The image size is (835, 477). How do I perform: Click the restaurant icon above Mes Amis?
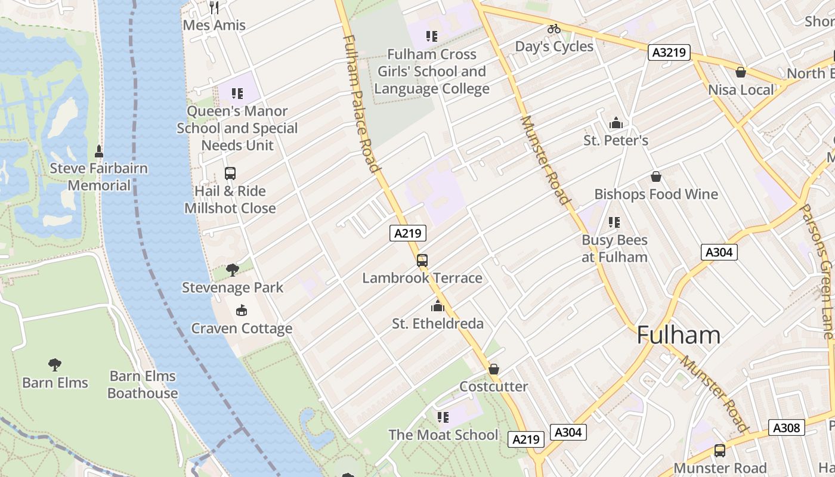click(215, 7)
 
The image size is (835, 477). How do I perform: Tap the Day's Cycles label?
click(554, 47)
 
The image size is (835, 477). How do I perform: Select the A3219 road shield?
click(669, 52)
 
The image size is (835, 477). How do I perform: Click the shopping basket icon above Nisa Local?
click(741, 72)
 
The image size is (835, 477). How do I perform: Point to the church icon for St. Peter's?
click(616, 123)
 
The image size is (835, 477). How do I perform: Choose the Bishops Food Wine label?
click(656, 194)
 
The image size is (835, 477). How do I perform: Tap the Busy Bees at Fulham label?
click(614, 249)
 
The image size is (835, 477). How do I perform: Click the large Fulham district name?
click(678, 335)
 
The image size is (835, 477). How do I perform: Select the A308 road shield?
click(787, 428)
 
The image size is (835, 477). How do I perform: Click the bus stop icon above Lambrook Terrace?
click(422, 261)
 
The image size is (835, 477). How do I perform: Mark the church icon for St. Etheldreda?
click(438, 306)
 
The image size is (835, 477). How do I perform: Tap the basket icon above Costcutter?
click(493, 369)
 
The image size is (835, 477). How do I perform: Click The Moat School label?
click(443, 435)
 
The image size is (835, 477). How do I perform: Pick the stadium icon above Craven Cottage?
click(242, 310)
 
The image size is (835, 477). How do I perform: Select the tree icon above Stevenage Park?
click(233, 270)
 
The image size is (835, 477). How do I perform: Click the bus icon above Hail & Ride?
click(230, 174)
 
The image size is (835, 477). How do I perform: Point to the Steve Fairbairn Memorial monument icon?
click(99, 151)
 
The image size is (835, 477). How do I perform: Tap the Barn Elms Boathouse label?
click(143, 385)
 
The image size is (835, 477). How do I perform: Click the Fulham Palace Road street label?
click(361, 103)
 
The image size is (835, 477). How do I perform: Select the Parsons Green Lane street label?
click(817, 271)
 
